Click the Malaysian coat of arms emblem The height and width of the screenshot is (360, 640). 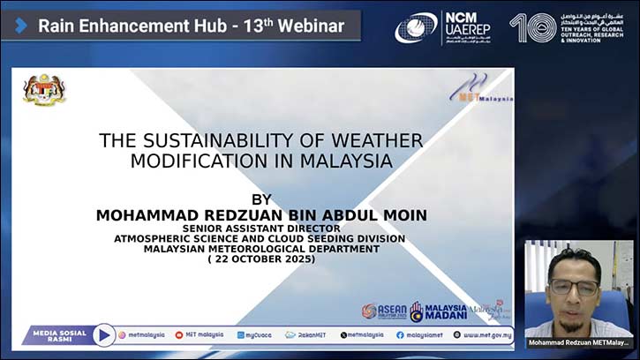pyautogui.click(x=44, y=89)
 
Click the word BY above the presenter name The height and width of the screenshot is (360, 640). pyautogui.click(x=262, y=199)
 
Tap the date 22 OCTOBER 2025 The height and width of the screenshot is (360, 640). pyautogui.click(x=261, y=259)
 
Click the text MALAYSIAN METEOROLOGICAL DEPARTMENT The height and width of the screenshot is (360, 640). pyautogui.click(x=261, y=248)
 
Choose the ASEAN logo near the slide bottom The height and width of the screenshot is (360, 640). pyautogui.click(x=384, y=311)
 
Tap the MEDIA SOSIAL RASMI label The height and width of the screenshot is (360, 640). pyautogui.click(x=59, y=335)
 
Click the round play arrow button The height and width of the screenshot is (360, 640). pyautogui.click(x=103, y=335)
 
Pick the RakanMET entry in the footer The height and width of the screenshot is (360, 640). pyautogui.click(x=303, y=335)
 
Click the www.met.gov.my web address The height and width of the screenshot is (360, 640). pyautogui.click(x=482, y=335)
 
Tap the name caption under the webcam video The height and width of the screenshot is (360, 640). pyautogui.click(x=578, y=341)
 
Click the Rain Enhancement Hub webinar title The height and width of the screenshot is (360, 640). pyautogui.click(x=191, y=26)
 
